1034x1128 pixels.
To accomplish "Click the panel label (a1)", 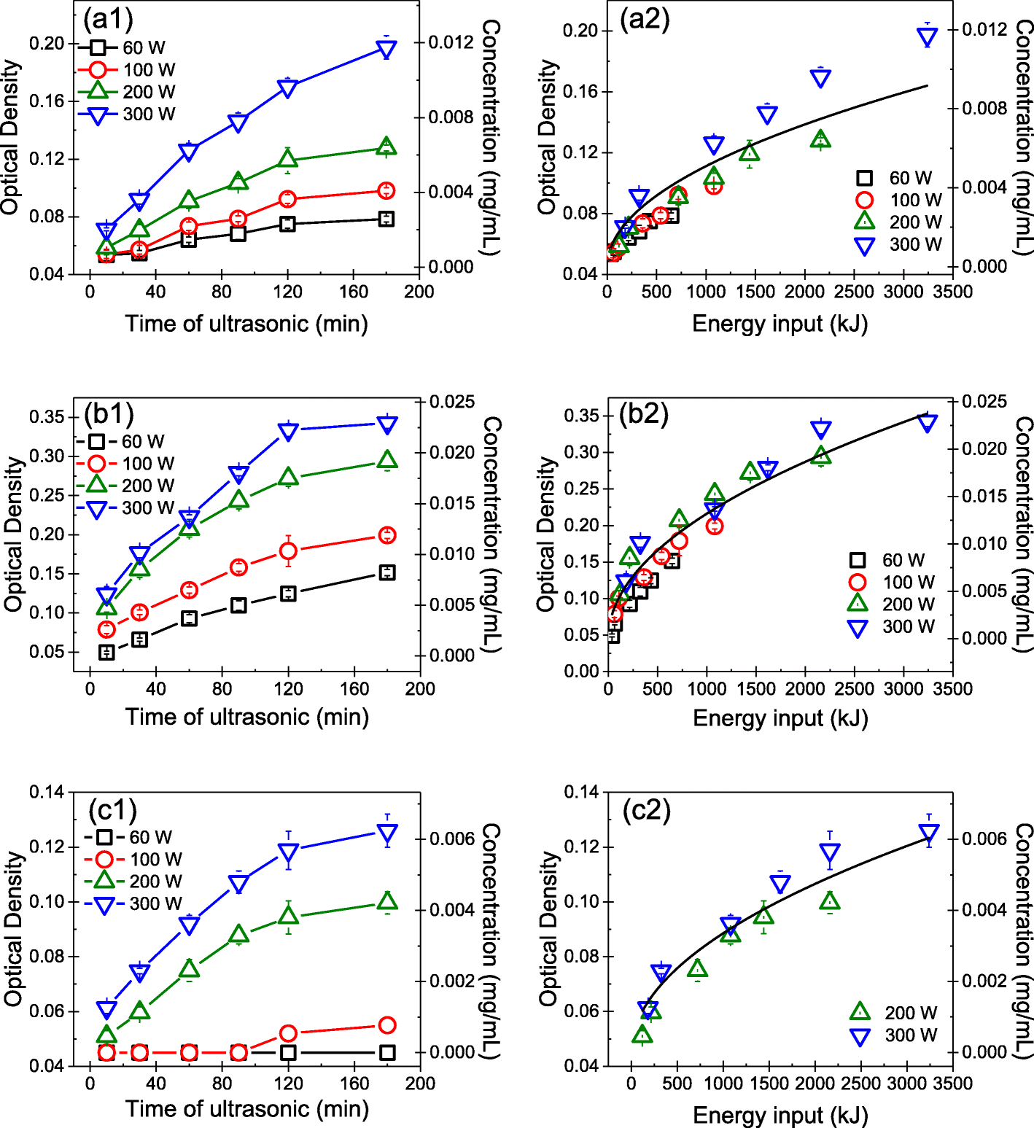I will (108, 20).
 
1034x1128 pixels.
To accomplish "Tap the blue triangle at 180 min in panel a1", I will (386, 49).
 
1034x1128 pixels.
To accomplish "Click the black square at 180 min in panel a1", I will (386, 219).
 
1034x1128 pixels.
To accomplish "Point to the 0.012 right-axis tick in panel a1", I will (450, 42).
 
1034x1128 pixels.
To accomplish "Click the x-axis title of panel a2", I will (780, 323).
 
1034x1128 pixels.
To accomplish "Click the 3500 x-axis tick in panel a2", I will (953, 292).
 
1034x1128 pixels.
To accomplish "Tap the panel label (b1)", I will (109, 413).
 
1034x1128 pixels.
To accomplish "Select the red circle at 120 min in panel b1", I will (289, 551).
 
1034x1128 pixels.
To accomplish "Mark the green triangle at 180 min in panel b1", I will (387, 460).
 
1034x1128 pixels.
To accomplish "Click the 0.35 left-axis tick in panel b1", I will (47, 417).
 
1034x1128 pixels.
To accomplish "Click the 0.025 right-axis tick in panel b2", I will (984, 402).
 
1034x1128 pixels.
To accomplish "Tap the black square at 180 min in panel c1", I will (387, 1052).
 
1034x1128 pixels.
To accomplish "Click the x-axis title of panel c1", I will (247, 1109).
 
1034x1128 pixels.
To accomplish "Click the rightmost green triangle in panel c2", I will (830, 902).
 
